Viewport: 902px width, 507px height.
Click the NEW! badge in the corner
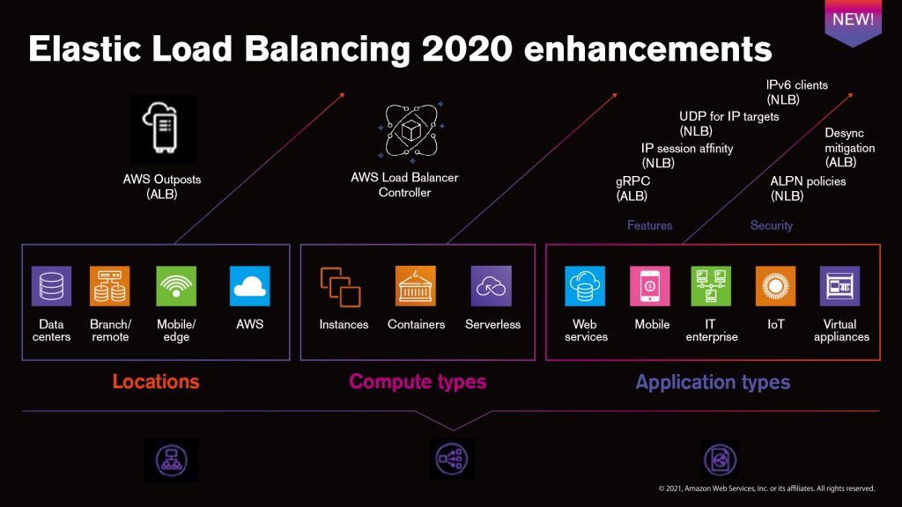[853, 20]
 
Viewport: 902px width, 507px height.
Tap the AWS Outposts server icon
[162, 129]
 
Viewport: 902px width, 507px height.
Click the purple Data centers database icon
[51, 286]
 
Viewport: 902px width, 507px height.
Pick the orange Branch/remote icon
[109, 286]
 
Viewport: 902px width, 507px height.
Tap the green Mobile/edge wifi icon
[176, 286]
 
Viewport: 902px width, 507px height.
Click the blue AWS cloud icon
[249, 286]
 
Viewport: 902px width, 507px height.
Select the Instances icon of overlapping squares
[341, 286]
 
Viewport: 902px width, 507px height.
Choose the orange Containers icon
[416, 286]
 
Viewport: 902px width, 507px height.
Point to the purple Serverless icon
[492, 286]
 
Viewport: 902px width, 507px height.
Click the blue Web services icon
[585, 286]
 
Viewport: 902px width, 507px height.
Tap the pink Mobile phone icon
[651, 286]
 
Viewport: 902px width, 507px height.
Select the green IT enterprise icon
[711, 286]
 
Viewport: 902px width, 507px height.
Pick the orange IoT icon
[775, 286]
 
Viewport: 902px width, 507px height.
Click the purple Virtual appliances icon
[840, 286]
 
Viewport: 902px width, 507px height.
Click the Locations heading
[156, 382]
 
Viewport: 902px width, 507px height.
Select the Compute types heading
[418, 382]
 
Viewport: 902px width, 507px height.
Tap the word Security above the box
[772, 226]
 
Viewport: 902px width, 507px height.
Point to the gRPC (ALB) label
[632, 187]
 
